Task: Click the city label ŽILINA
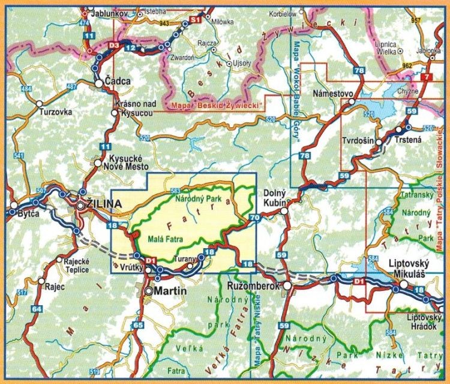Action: pos(105,204)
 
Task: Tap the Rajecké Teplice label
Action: pos(73,265)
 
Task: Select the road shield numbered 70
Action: pos(254,217)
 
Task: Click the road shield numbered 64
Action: pos(37,309)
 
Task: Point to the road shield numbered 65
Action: pos(139,325)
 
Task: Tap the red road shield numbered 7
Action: pos(427,77)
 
